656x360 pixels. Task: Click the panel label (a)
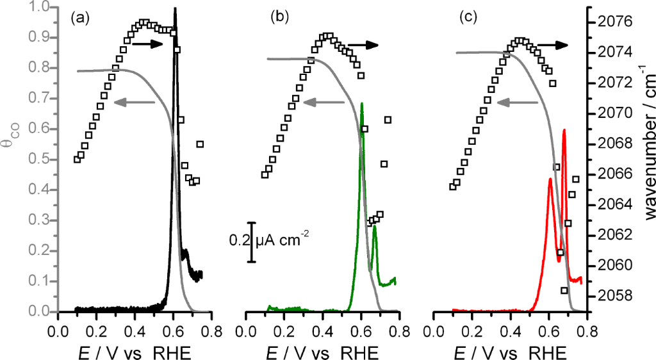coord(79,19)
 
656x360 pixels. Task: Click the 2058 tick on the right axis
coord(613,296)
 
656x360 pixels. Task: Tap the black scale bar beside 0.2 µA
coord(252,241)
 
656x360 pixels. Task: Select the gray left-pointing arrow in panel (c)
coord(518,101)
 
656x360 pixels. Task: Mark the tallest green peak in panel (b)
coord(362,104)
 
